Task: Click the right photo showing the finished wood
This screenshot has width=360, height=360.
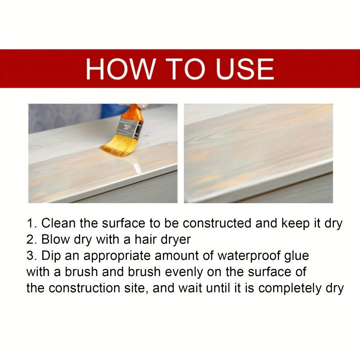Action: point(258,153)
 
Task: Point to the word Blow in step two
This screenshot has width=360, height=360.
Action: point(54,239)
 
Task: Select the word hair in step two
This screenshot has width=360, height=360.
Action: point(145,239)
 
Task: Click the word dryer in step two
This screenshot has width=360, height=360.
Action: point(175,239)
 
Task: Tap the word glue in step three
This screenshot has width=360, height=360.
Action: point(296,256)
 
